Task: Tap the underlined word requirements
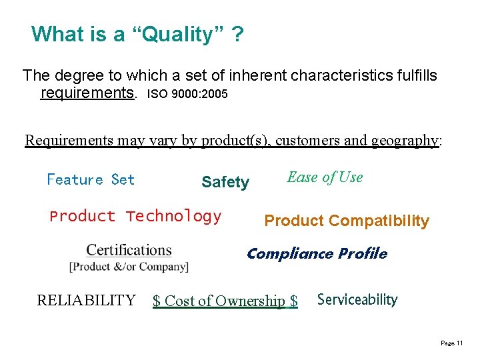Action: (x=87, y=93)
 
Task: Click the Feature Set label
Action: (x=91, y=179)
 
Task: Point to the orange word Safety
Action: (x=225, y=182)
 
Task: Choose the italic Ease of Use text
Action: (x=325, y=177)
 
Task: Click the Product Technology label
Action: (x=135, y=216)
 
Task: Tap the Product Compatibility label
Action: (x=347, y=221)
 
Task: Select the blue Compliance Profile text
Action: (x=317, y=253)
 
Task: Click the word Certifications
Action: (x=129, y=251)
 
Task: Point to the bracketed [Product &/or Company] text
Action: (x=129, y=267)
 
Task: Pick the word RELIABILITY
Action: (x=86, y=300)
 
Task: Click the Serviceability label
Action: (x=357, y=299)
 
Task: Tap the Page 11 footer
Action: (x=452, y=343)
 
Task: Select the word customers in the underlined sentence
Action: (x=305, y=140)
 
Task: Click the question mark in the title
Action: (x=237, y=34)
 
